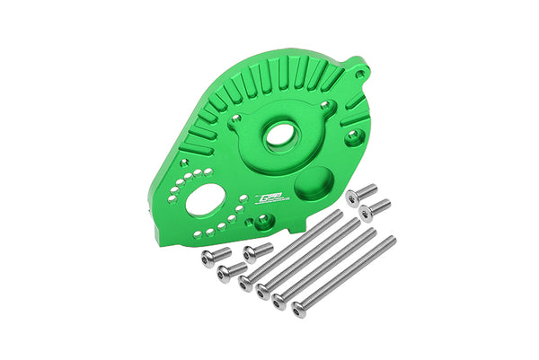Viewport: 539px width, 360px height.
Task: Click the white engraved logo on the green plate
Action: coord(270,199)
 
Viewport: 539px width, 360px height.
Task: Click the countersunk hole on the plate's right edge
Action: coord(357,136)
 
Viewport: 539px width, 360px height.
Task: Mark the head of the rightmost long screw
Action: coord(299,310)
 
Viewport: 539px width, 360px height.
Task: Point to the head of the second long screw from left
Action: coord(263,290)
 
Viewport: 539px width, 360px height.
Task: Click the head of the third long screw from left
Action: coord(280,302)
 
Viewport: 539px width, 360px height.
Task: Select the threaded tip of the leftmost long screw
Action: coord(339,215)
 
